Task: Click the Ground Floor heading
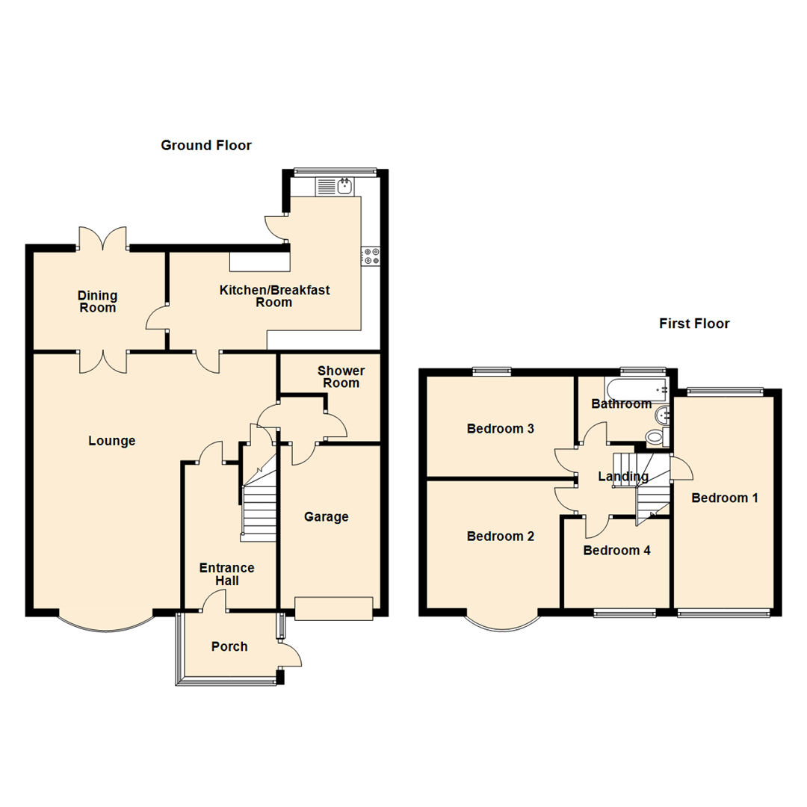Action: (206, 146)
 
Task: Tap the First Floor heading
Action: (694, 324)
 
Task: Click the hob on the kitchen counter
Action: (371, 256)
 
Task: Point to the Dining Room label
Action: (97, 302)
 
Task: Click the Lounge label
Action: (112, 441)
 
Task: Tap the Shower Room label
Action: (341, 377)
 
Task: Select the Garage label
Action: (327, 517)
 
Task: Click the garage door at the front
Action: (333, 608)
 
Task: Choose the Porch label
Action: (229, 646)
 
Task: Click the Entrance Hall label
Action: (226, 574)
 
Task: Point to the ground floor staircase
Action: (258, 508)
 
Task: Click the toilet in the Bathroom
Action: (654, 437)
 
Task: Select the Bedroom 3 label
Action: (501, 429)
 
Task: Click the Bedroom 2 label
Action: (501, 537)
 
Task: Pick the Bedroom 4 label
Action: (616, 551)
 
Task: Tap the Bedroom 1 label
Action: (725, 498)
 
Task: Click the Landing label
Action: (623, 477)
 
